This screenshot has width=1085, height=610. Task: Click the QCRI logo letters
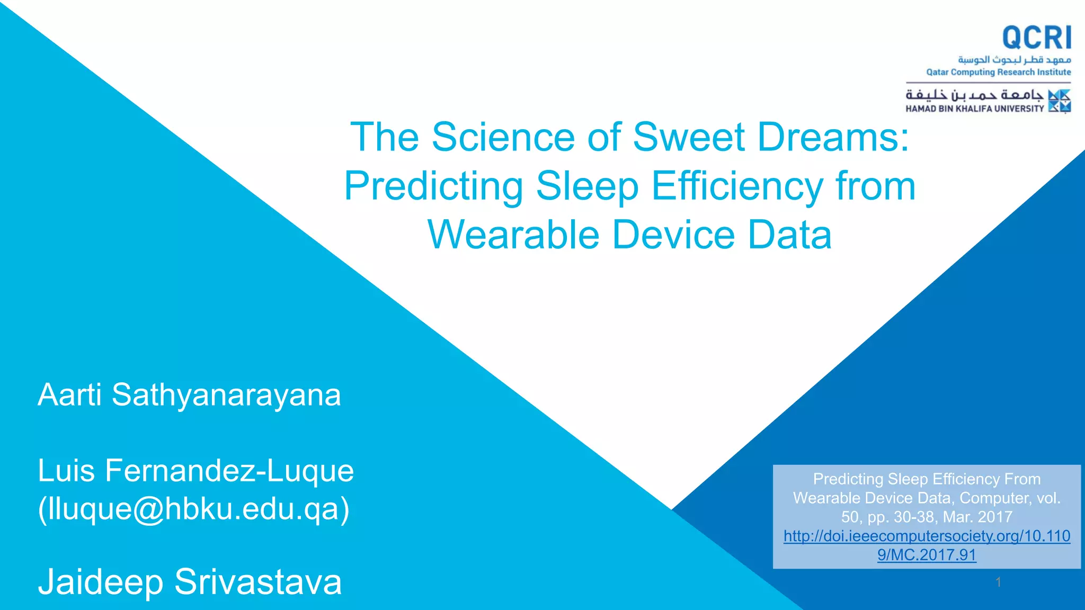[1036, 38]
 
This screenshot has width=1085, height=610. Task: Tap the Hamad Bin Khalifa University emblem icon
[1060, 101]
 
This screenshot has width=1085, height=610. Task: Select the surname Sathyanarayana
[226, 396]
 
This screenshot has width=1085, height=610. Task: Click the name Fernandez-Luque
[229, 471]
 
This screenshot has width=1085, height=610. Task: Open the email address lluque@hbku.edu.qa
[194, 509]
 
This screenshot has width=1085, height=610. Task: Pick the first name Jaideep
[101, 582]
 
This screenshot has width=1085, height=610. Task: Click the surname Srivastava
[258, 582]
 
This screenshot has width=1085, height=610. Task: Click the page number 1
[998, 582]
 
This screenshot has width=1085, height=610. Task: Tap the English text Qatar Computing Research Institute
[998, 72]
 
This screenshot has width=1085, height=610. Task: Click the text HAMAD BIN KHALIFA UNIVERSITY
[974, 109]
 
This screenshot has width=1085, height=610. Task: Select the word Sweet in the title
[689, 137]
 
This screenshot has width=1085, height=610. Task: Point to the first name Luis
[66, 471]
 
